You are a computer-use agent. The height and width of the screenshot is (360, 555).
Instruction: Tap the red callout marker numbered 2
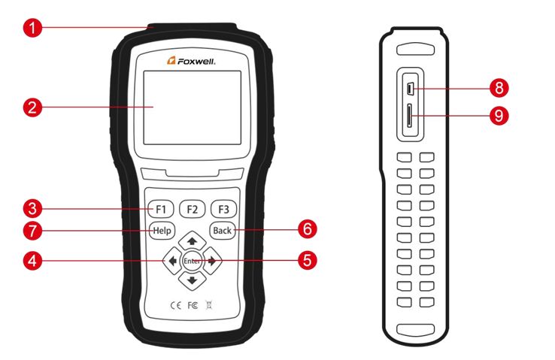30,107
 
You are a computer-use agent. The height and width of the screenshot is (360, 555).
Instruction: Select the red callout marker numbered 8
498,88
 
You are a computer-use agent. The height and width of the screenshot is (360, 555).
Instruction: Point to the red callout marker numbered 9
498,115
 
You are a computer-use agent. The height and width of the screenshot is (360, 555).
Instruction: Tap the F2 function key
193,208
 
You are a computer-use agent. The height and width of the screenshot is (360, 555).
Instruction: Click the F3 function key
223,208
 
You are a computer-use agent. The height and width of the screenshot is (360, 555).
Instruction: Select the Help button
161,231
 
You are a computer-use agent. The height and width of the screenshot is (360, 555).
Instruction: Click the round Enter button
192,260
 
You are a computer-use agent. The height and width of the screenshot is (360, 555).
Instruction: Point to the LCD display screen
192,108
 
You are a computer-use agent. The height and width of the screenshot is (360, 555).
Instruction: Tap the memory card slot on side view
409,116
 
